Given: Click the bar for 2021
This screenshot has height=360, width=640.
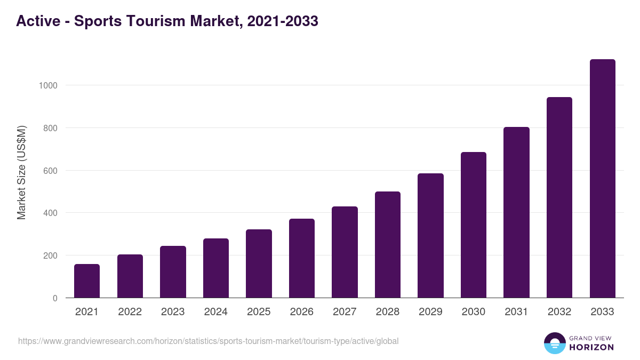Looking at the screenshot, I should (x=87, y=281).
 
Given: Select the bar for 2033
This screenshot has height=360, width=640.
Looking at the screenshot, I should (x=602, y=179).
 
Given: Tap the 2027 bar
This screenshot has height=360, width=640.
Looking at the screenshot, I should (x=345, y=252).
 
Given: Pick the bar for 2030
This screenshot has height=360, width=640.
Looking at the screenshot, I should (x=474, y=225).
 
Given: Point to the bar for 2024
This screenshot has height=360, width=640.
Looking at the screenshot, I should (x=216, y=268).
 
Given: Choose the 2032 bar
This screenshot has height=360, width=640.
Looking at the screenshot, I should (x=559, y=197).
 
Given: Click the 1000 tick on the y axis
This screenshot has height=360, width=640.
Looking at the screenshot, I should (x=47, y=85).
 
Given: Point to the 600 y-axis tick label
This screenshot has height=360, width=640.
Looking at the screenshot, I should (x=50, y=171).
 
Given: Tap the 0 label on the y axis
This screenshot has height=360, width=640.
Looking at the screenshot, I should (x=55, y=298).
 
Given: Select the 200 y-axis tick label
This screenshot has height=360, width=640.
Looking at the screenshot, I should (x=50, y=255).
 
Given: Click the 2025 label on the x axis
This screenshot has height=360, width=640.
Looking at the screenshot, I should (x=259, y=312).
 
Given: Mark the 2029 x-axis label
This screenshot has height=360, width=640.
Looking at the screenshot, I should (x=430, y=312).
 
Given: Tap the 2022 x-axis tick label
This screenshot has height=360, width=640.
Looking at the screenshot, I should (x=130, y=312).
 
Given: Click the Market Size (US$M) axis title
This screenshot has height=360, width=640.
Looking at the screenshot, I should (x=21, y=172).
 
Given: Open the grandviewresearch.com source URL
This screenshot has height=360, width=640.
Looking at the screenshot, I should (x=208, y=341).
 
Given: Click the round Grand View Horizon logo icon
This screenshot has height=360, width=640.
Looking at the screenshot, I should (x=554, y=343).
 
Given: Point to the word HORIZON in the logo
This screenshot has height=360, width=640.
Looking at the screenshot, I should (x=591, y=347).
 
